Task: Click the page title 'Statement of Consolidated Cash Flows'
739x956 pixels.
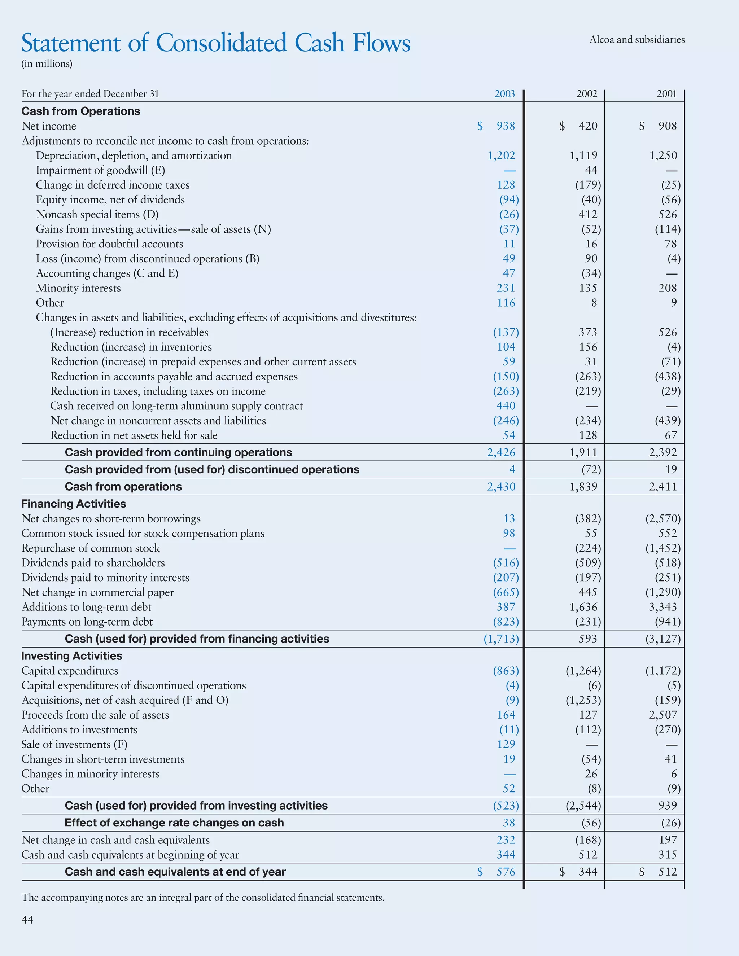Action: point(215,43)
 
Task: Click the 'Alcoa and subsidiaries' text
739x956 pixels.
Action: point(637,40)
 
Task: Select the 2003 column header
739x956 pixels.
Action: point(504,94)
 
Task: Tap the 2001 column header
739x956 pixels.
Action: point(666,94)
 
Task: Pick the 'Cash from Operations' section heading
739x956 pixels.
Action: point(80,111)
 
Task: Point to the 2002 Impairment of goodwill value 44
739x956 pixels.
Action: point(591,170)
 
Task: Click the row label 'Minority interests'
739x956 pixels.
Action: point(78,288)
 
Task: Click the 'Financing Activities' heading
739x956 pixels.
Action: point(74,504)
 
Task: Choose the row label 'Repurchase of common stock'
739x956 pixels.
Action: point(91,548)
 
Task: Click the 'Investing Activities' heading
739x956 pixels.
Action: point(72,656)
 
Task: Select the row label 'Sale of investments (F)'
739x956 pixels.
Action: point(74,744)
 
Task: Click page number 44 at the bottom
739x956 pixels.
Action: point(27,919)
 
